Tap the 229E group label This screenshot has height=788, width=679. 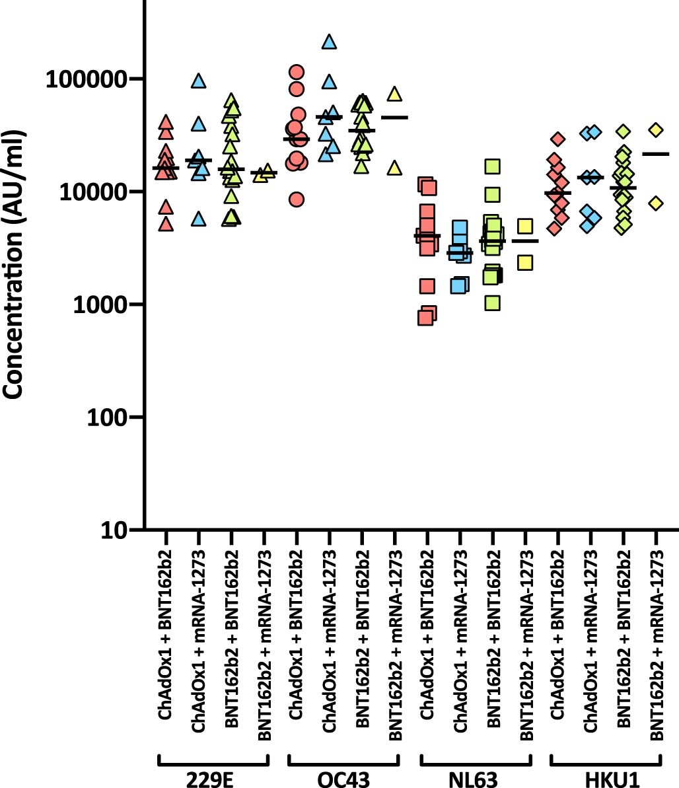click(213, 777)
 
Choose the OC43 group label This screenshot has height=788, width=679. click(343, 777)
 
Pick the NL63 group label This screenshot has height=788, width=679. click(475, 777)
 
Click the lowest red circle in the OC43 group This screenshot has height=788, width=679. click(297, 199)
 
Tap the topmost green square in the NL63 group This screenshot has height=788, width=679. click(491, 166)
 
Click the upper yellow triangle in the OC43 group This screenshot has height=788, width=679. click(394, 94)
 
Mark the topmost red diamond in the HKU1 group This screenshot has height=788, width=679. click(558, 139)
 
